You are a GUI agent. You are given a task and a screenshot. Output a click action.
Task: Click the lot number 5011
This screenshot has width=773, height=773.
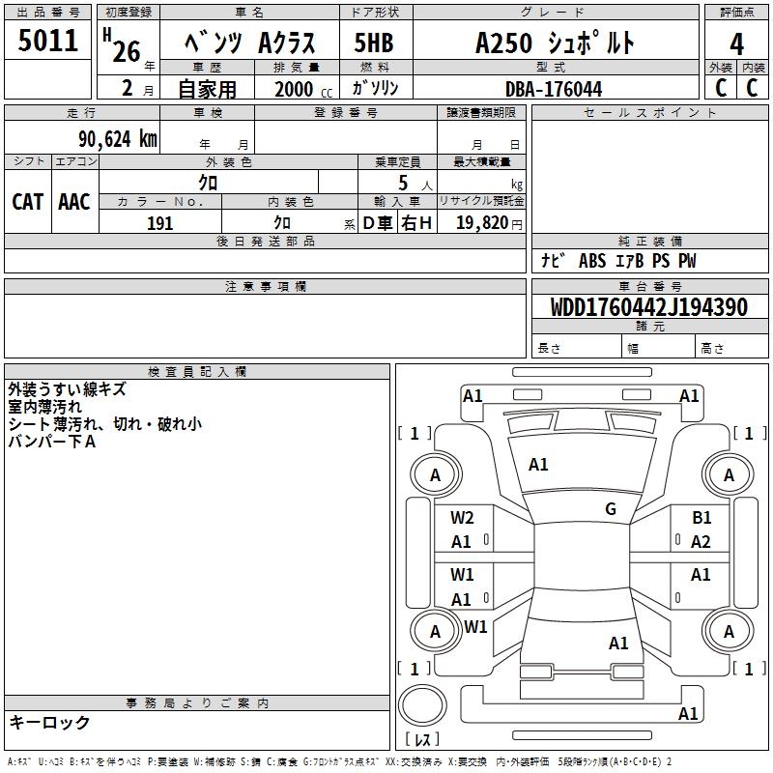[x=48, y=42]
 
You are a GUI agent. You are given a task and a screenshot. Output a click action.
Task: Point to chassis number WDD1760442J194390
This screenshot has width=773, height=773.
[x=648, y=307]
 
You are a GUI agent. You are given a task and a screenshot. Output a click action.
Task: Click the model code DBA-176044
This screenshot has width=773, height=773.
[x=554, y=89]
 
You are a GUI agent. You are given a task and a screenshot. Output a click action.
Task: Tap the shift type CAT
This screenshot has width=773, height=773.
[x=27, y=201]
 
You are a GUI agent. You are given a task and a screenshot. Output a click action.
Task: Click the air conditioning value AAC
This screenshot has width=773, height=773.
[x=73, y=201]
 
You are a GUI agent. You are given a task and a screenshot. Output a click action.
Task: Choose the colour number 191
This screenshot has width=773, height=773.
[x=159, y=223]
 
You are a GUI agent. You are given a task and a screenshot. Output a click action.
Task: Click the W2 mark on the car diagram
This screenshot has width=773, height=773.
[x=462, y=518]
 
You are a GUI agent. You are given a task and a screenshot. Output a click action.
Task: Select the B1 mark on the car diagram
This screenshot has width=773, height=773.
[x=701, y=518]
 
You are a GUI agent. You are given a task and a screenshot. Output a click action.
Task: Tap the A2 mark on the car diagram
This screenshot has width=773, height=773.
[x=701, y=542]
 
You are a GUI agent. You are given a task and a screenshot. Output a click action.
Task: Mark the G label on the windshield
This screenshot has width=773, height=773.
[x=610, y=509]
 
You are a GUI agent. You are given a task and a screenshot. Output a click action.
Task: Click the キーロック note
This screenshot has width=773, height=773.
[x=49, y=722]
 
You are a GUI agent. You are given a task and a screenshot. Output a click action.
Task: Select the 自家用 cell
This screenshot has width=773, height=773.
[x=207, y=89]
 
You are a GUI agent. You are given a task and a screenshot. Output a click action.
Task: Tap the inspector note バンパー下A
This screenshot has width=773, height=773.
[x=52, y=442]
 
